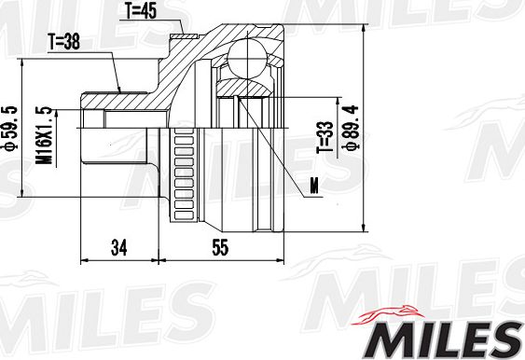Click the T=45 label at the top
tap(142, 11)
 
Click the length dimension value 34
tap(117, 247)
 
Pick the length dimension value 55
tap(220, 247)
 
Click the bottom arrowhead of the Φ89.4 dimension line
tap(362, 227)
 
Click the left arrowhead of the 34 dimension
tap(87, 260)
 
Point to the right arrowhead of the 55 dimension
tap(280, 260)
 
